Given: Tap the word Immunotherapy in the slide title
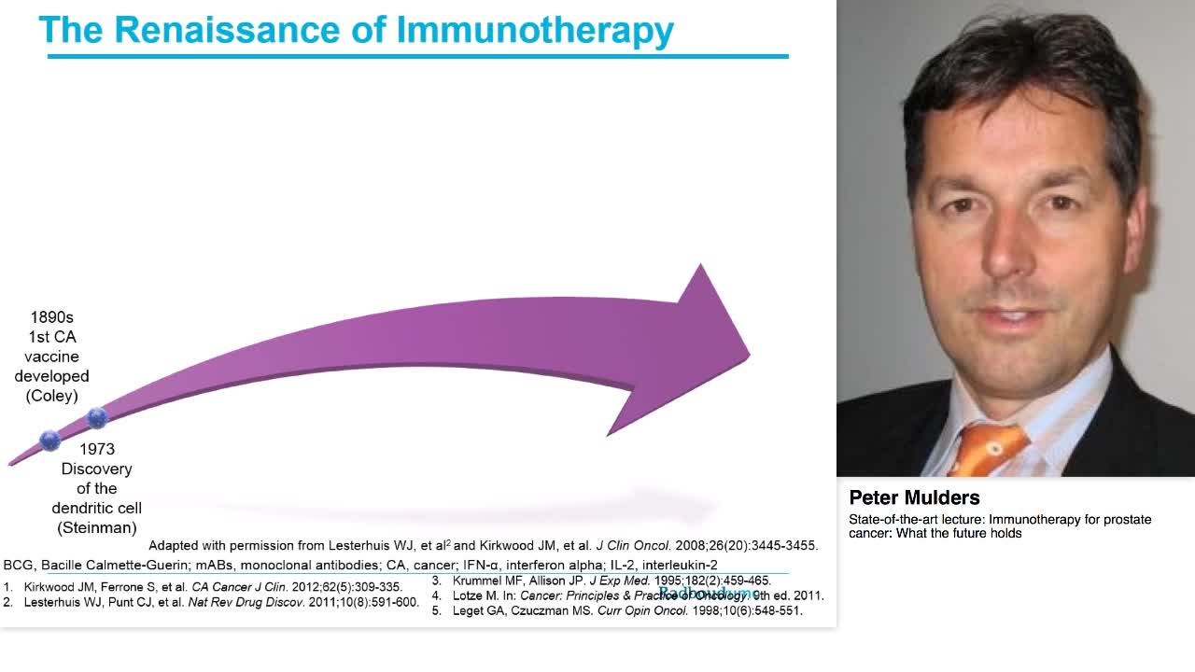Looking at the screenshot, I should [x=535, y=30].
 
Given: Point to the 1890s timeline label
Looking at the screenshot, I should [x=51, y=317].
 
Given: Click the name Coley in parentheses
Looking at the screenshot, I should [x=52, y=396].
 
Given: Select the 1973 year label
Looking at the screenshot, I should [x=97, y=449].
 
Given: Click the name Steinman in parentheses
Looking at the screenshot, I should [x=97, y=527].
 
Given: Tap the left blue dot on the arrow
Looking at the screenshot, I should [x=49, y=440].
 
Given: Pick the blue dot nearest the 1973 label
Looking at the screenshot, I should [x=97, y=418].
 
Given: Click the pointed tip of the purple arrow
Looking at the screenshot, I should [x=748, y=354].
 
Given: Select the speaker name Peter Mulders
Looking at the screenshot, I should [x=914, y=497].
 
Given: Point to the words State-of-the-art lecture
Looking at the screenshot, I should [x=916, y=519].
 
